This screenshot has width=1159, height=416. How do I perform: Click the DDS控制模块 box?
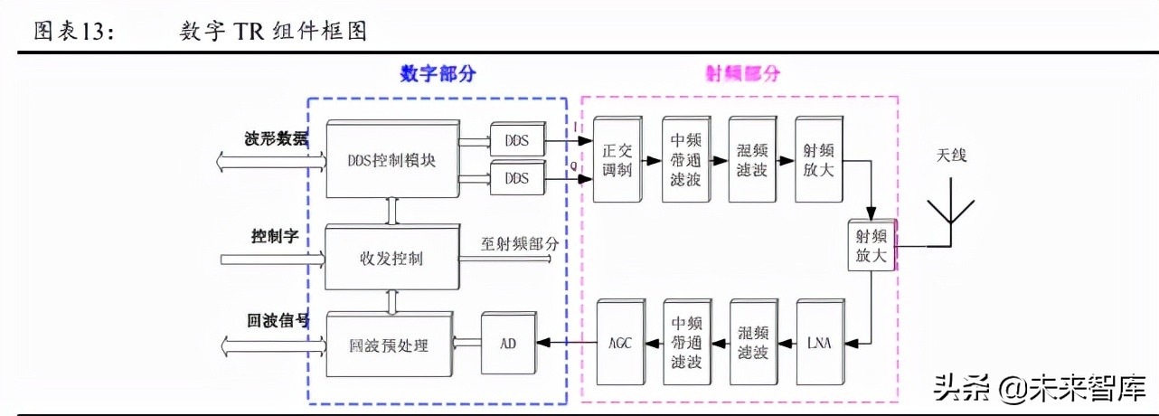coord(391,159)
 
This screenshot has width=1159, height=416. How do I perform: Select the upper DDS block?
coord(516,140)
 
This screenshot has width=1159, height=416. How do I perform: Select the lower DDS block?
coord(516,178)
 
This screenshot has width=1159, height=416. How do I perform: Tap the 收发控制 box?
coord(391,258)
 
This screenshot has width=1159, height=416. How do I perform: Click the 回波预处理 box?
coord(389,345)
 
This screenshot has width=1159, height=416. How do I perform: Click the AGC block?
coord(620,343)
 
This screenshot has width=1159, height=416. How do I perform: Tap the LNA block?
coord(820,343)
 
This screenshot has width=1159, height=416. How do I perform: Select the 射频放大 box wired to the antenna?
coord(872,245)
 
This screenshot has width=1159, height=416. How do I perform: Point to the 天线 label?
coord(951,156)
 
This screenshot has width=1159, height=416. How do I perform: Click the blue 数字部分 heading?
coord(438,74)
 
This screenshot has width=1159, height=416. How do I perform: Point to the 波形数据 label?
coord(276,139)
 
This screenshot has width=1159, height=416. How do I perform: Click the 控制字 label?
coord(275,237)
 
